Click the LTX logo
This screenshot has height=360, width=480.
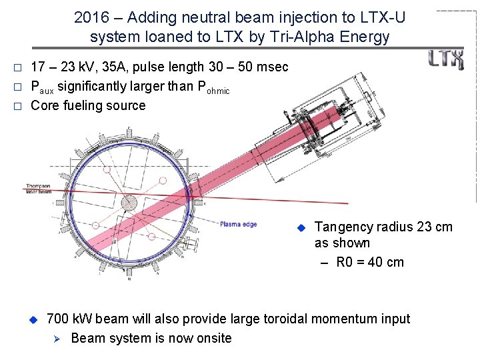pyautogui.click(x=446, y=59)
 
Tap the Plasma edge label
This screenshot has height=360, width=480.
pyautogui.click(x=238, y=225)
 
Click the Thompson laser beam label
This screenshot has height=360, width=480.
pyautogui.click(x=38, y=189)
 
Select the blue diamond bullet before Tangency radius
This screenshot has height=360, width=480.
pyautogui.click(x=300, y=227)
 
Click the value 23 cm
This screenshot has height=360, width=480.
pyautogui.click(x=434, y=227)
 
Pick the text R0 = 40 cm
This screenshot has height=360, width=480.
pyautogui.click(x=370, y=262)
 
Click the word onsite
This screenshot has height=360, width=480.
pyautogui.click(x=210, y=338)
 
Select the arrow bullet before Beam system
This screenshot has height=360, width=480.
pyautogui.click(x=57, y=338)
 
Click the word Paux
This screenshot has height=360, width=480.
pyautogui.click(x=42, y=87)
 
